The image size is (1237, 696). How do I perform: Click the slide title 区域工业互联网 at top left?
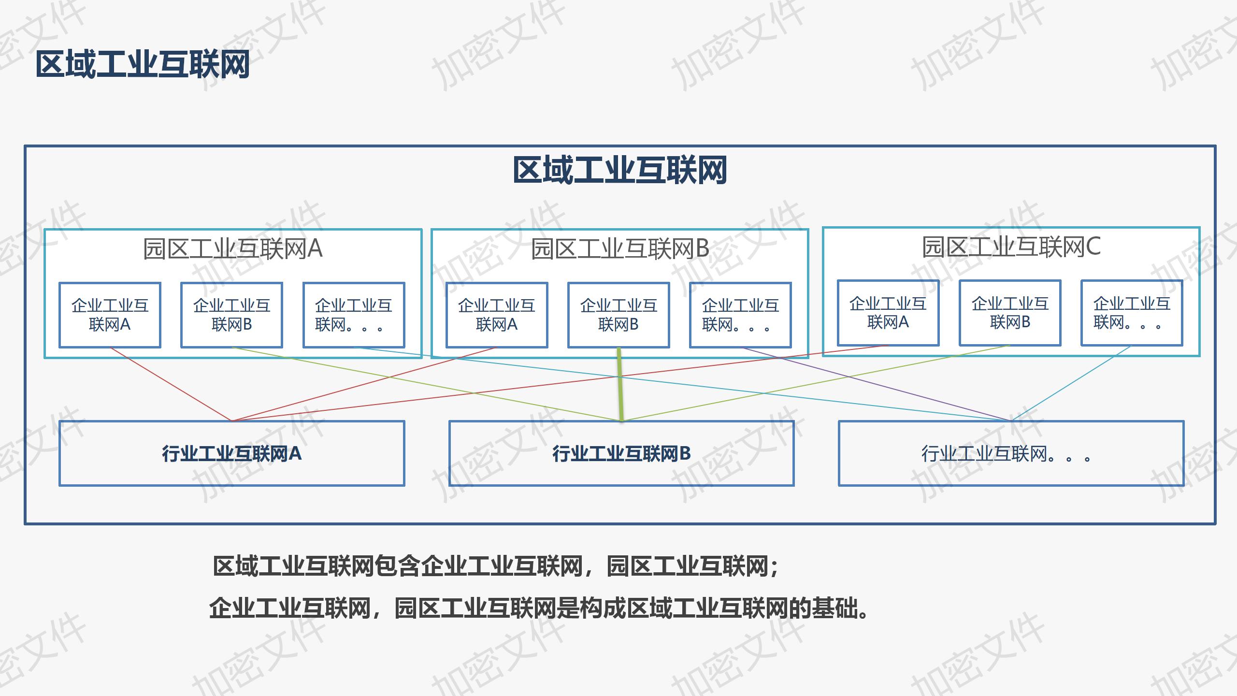coord(143,64)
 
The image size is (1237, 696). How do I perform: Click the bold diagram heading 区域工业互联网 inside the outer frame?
coord(620,170)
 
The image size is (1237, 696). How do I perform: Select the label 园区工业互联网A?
coord(233,249)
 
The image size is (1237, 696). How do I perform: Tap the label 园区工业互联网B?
coord(620,249)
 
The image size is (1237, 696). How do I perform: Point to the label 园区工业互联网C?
coord(1011,247)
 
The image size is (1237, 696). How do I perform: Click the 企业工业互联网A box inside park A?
coord(110,315)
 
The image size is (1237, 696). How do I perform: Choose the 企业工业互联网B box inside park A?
coord(231,315)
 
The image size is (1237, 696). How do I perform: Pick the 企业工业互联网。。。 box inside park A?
coord(354,315)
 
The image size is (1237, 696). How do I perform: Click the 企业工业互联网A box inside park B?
coord(497,315)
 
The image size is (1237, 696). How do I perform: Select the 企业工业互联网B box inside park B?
coord(618,315)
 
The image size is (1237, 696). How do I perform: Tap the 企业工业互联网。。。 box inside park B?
coord(740,315)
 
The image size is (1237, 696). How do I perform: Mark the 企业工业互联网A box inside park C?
coord(888,313)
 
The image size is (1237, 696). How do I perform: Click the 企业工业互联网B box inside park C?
coord(1010,313)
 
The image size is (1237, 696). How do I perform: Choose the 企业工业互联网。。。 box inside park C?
coord(1132,313)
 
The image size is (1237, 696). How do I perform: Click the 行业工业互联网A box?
coord(232,453)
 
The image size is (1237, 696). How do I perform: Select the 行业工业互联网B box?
coord(621,453)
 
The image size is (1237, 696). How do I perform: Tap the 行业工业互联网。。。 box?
coord(1011,453)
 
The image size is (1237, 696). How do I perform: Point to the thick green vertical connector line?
coord(620,384)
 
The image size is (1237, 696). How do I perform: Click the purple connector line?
coord(875,384)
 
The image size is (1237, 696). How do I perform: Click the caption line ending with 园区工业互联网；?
coord(496,566)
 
